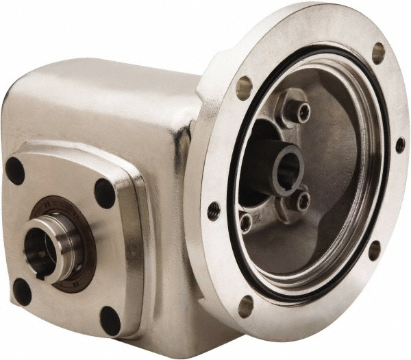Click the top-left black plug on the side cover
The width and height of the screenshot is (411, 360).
point(15,171)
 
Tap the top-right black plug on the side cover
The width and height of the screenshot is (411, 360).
point(105,193)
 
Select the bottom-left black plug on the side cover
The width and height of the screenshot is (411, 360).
point(23,292)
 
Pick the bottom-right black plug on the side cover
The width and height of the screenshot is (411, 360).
point(110,320)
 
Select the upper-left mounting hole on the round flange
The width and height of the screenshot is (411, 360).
point(245,87)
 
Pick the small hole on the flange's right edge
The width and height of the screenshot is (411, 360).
point(400,145)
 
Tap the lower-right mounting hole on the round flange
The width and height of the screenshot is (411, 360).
point(375,250)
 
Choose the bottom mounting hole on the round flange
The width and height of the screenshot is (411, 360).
point(246,306)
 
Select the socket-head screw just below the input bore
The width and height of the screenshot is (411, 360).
point(301,201)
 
